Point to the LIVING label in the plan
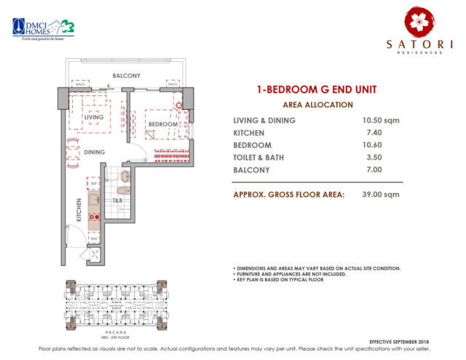(94, 117)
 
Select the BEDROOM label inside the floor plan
(163, 125)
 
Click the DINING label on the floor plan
(94, 152)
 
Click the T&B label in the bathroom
(117, 200)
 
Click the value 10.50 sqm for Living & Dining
(382, 120)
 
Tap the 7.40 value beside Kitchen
(373, 133)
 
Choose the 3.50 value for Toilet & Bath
(373, 157)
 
